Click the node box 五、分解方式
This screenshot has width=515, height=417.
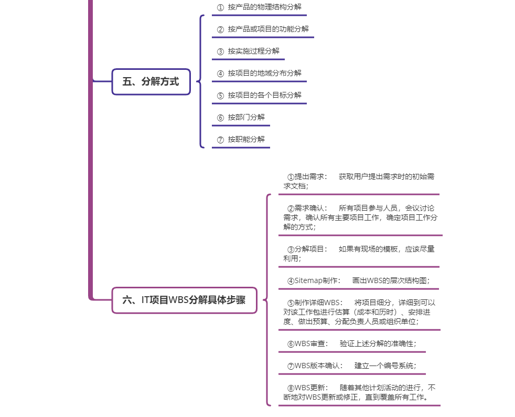151,81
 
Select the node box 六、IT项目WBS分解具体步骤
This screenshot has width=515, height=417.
184,300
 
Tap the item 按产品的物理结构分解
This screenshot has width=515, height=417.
264,7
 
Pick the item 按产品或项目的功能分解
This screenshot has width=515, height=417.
268,29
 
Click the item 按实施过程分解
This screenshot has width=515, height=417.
253,51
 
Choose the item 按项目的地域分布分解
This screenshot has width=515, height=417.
264,74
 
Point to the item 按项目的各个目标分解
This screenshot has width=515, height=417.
264,96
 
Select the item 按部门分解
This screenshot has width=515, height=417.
246,118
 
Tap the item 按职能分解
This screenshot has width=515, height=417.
246,140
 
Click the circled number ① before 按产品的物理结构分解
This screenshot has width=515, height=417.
220,7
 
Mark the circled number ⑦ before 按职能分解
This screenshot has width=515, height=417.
220,140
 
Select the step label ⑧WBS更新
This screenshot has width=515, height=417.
307,388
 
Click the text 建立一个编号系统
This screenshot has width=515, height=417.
385,366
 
